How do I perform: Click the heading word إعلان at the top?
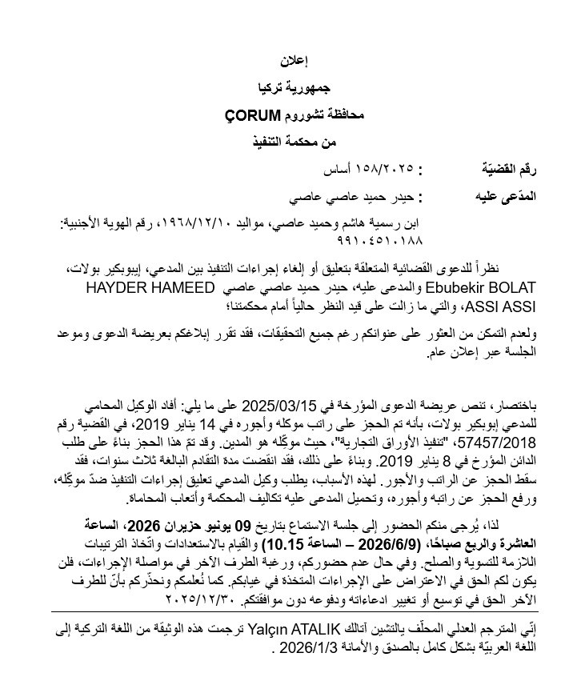click(x=295, y=61)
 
